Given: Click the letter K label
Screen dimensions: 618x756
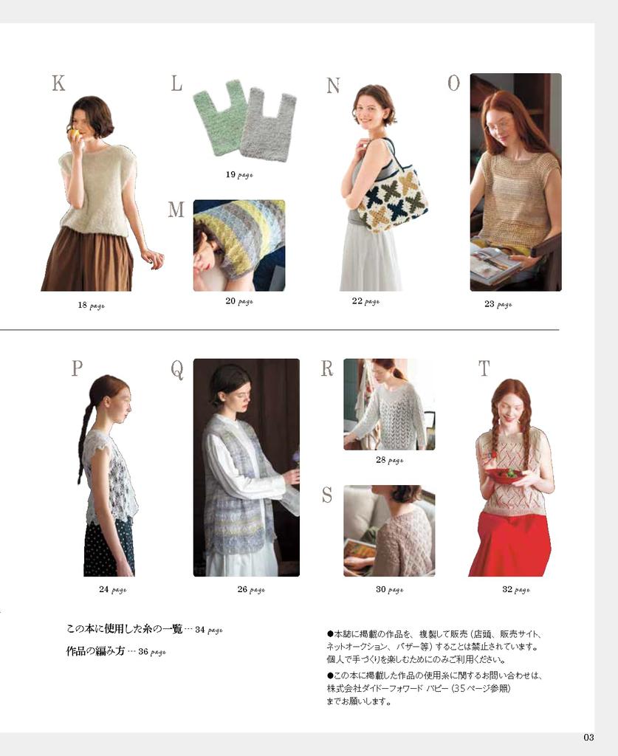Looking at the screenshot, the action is [58, 83].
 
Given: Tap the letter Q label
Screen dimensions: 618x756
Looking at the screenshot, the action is [177, 370].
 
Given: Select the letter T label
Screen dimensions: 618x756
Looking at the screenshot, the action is [484, 369].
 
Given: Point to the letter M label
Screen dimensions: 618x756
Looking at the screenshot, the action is [176, 210].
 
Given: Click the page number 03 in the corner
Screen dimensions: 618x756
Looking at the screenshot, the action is [588, 738].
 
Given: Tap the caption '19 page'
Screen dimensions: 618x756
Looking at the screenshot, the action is [239, 174].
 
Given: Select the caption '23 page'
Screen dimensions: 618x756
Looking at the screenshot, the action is [498, 304].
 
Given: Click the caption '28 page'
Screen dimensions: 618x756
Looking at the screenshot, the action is [390, 460].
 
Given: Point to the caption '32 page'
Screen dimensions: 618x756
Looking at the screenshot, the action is [516, 589].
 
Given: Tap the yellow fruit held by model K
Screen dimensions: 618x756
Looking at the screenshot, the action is [74, 134].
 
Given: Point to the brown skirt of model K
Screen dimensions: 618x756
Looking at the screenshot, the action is [88, 261].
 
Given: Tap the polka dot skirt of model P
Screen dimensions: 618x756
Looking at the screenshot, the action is [109, 549].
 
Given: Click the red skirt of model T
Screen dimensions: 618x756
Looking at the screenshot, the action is [509, 545].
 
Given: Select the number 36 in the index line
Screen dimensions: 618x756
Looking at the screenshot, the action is [143, 651].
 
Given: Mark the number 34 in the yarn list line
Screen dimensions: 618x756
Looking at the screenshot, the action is [199, 630].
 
